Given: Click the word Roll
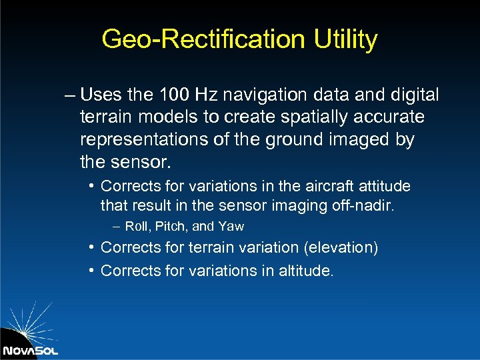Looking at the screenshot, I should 137,227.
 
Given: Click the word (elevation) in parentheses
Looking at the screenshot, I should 340,248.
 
